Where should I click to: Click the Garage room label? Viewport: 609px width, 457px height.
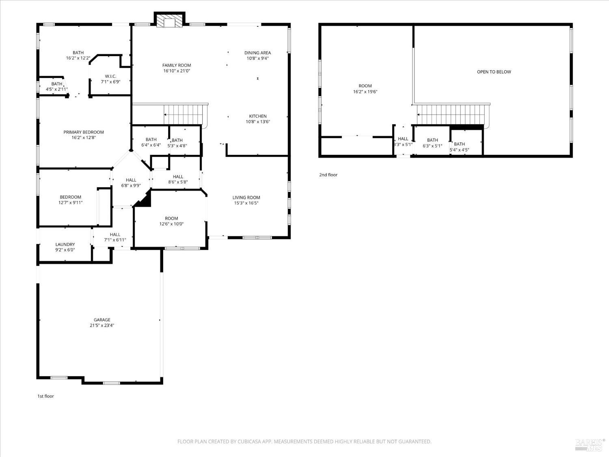tap(102, 320)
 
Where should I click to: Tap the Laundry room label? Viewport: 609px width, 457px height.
tap(65, 245)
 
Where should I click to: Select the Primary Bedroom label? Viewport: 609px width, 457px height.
tap(84, 132)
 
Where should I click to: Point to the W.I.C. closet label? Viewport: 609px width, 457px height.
tap(110, 76)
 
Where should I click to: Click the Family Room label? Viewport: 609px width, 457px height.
tap(177, 65)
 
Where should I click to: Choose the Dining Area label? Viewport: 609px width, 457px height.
tap(257, 53)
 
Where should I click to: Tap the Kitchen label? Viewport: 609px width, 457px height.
tap(258, 116)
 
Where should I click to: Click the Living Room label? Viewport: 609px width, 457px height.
tap(246, 198)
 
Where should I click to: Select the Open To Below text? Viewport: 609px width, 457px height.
tap(494, 72)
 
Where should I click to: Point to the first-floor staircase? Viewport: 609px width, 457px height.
tap(183, 115)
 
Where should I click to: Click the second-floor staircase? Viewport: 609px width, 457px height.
tap(451, 115)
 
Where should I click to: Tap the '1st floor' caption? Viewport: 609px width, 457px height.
tap(45, 396)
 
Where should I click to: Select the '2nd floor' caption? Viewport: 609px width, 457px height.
tap(328, 175)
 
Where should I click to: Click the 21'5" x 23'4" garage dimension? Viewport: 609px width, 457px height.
tap(102, 325)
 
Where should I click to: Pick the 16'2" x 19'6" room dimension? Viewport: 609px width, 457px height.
tap(365, 92)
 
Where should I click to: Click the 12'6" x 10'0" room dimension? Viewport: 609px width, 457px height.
tap(171, 224)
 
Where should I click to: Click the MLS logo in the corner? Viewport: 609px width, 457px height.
tap(590, 444)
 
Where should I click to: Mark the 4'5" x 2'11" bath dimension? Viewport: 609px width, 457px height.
tap(57, 89)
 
